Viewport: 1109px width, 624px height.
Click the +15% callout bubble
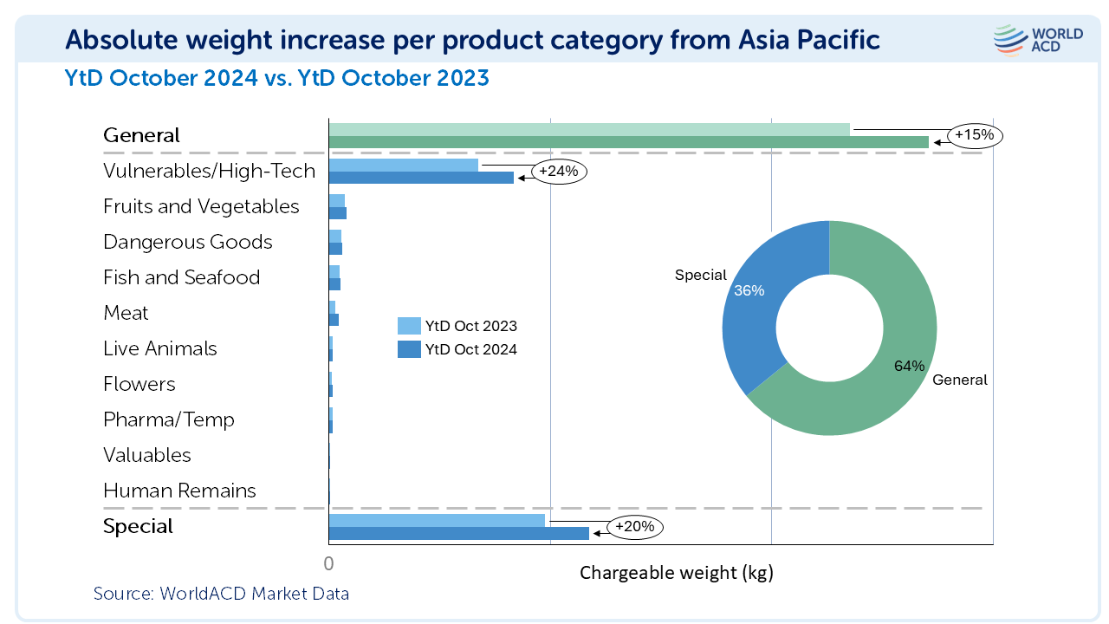coord(975,135)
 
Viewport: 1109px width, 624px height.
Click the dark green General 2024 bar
coord(628,142)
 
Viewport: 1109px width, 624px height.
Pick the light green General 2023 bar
coord(589,129)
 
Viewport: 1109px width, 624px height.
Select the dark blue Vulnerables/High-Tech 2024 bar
coord(421,178)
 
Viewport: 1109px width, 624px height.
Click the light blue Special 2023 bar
coord(437,520)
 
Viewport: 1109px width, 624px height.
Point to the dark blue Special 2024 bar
coord(458,533)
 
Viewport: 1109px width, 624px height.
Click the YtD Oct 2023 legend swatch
coord(409,327)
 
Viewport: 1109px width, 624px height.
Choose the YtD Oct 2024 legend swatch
coord(409,350)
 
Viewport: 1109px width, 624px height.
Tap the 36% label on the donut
coord(749,291)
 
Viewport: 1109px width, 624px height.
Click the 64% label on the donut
coord(909,366)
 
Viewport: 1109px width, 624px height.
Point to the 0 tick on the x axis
coord(328,563)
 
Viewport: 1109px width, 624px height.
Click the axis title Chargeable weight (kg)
coord(676,573)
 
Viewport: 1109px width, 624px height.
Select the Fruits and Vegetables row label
coord(201,206)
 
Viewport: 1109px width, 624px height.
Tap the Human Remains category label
coord(179,491)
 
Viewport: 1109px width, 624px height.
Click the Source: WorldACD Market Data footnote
coord(221,594)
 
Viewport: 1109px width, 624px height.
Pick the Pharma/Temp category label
coord(169,419)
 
